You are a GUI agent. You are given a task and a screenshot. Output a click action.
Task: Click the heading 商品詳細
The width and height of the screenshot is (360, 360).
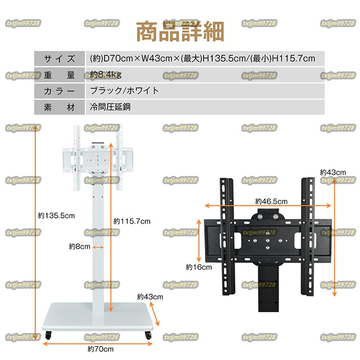click(180, 32)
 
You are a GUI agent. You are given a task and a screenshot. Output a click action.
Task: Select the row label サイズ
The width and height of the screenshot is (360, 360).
click(60, 59)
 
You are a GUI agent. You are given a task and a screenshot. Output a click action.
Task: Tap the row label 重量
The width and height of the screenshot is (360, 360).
click(60, 74)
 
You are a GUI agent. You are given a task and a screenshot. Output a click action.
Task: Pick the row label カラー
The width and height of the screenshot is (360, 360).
click(60, 90)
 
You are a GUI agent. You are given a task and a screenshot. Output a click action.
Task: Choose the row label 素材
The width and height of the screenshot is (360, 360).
click(60, 107)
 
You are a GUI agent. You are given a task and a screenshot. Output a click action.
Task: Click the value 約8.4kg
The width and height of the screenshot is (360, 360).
click(106, 74)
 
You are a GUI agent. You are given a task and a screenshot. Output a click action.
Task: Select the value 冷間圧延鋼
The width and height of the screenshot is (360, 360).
click(110, 107)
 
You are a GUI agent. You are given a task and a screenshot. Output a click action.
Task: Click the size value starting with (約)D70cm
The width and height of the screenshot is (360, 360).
click(203, 59)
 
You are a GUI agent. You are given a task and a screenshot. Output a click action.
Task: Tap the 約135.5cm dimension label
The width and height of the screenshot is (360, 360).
click(57, 216)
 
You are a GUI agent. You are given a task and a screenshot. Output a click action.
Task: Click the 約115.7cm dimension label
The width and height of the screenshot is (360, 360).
click(132, 221)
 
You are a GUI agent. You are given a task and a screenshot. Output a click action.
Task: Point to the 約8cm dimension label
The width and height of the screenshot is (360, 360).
click(79, 247)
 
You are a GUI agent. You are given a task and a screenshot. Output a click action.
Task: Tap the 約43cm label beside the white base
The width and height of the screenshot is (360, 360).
click(150, 297)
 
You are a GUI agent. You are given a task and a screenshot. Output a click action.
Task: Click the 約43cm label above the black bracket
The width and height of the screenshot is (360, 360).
click(333, 172)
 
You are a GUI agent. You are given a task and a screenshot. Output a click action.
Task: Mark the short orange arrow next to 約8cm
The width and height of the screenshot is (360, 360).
click(98, 247)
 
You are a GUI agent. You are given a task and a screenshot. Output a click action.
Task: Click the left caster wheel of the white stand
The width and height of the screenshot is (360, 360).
click(48, 336)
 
